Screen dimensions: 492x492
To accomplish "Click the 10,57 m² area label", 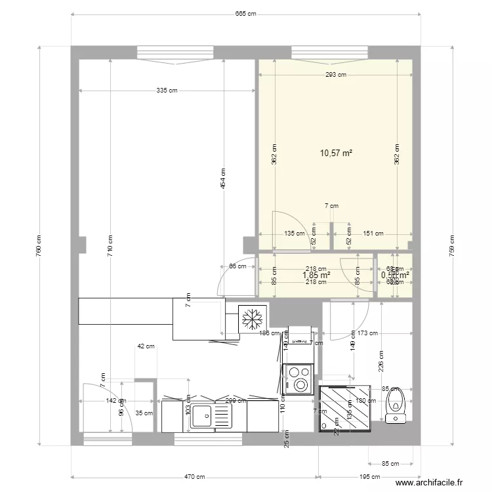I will pyautogui.click(x=336, y=153).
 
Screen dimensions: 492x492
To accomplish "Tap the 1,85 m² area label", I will pyautogui.click(x=316, y=276).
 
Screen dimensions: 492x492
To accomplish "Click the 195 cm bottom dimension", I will pyautogui.click(x=369, y=477).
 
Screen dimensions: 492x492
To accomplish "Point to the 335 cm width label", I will pyautogui.click(x=167, y=91).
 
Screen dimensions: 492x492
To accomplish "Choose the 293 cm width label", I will pyautogui.click(x=335, y=75).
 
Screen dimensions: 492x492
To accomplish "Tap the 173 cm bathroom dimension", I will pyautogui.click(x=369, y=333).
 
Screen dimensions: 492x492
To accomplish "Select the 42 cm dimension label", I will pyautogui.click(x=146, y=346).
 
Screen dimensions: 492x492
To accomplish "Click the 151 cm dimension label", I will pyautogui.click(x=373, y=232).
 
